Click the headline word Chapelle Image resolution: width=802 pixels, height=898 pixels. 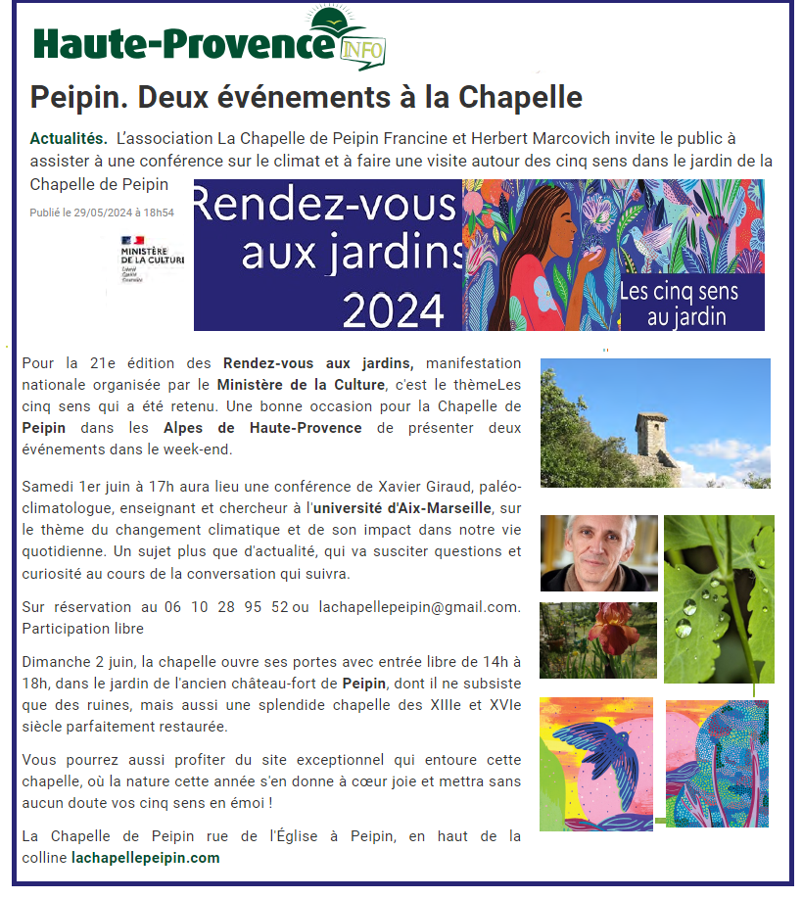tap(521, 98)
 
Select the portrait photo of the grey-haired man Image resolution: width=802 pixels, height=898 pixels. tap(598, 553)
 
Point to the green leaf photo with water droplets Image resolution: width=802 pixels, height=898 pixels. tap(718, 598)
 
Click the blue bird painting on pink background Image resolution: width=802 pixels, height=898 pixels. tap(595, 764)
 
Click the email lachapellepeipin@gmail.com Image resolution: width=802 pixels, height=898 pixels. tap(420, 607)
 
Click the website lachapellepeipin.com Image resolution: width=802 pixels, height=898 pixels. tap(146, 857)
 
